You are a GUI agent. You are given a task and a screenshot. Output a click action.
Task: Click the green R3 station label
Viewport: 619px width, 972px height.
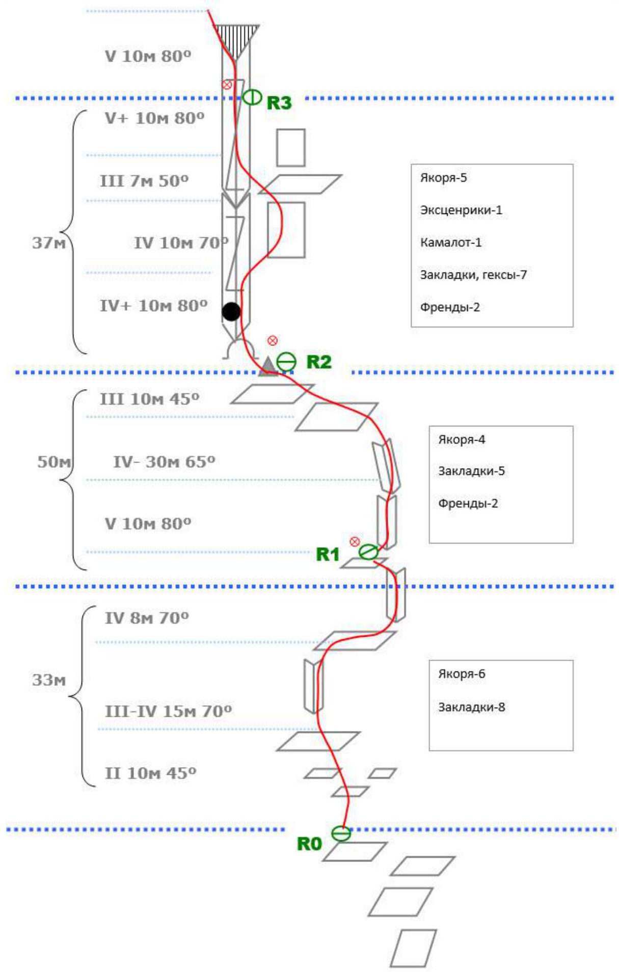(x=279, y=103)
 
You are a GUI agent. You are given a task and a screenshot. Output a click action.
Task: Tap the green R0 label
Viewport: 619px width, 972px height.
(x=309, y=844)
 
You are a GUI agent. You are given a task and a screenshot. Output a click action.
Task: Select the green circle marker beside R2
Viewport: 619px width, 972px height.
(x=286, y=362)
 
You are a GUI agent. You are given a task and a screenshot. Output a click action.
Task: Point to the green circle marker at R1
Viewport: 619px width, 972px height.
(x=368, y=552)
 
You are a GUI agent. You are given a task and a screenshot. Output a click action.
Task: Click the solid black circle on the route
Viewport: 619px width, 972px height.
(x=231, y=311)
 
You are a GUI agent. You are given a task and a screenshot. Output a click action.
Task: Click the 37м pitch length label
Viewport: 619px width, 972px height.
(x=49, y=243)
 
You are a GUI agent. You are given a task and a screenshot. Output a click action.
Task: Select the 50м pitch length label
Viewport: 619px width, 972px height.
(x=54, y=462)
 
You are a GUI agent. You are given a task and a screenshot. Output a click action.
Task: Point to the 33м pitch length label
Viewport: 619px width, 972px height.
(x=49, y=680)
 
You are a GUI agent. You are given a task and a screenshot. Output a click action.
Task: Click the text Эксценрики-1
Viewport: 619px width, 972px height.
(x=461, y=210)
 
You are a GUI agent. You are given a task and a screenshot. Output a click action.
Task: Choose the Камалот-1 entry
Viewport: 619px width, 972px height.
(x=450, y=242)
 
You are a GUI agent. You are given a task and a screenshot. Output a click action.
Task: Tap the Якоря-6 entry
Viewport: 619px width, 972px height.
(x=462, y=674)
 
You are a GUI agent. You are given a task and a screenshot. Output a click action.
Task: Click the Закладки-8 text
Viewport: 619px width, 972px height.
(x=471, y=707)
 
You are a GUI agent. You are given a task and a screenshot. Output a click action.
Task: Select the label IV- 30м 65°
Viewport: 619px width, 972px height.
(x=164, y=462)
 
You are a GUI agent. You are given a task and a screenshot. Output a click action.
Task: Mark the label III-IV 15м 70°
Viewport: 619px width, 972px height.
(x=168, y=711)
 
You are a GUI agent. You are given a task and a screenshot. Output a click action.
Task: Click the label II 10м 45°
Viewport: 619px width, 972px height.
(x=150, y=773)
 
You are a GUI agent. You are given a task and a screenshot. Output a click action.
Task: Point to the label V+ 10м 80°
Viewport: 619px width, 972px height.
(x=154, y=118)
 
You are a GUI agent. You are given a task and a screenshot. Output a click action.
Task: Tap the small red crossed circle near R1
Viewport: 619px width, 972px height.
(x=355, y=542)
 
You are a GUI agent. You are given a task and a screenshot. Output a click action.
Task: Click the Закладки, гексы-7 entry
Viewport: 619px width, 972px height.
(x=473, y=275)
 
